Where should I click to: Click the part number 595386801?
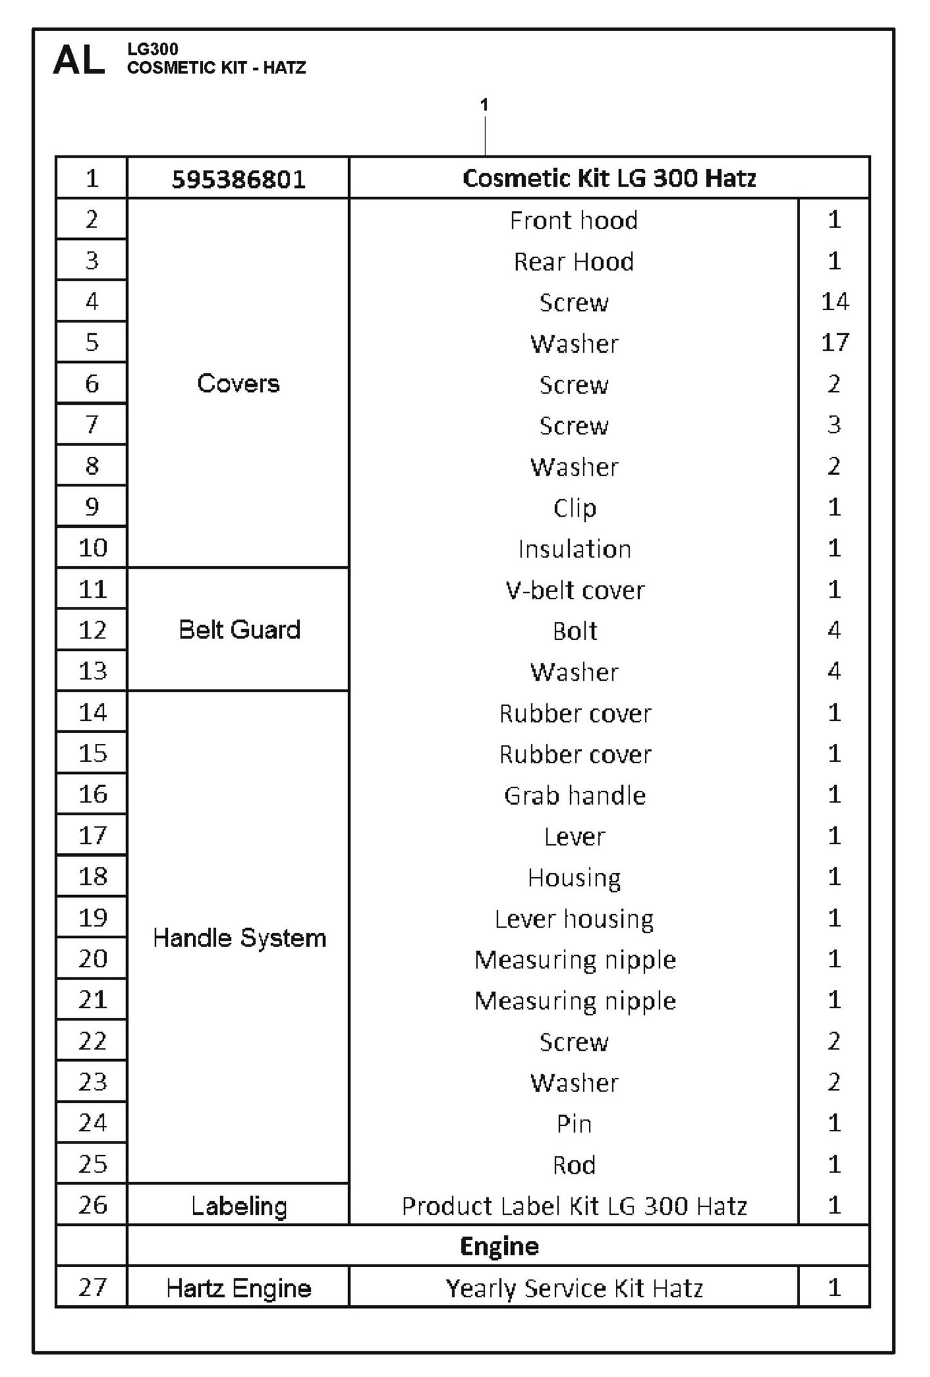(238, 179)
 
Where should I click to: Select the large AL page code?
(79, 60)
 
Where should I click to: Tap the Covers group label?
(238, 384)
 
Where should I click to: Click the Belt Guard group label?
(239, 630)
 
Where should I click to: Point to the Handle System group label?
(239, 938)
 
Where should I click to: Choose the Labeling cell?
(239, 1205)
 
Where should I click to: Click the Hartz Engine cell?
(238, 1288)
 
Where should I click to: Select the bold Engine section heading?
(499, 1246)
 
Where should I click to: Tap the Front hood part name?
(573, 221)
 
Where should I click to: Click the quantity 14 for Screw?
(834, 302)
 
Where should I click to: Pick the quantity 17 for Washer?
(834, 343)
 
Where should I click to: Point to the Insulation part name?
(574, 549)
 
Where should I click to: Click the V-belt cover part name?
(574, 590)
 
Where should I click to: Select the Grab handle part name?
(574, 796)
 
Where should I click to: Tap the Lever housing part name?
(574, 919)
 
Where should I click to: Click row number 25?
(92, 1164)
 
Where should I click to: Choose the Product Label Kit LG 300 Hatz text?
(574, 1206)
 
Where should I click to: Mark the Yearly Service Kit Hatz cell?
(574, 1288)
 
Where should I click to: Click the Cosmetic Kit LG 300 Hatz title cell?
(609, 178)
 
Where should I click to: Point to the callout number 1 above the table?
(484, 104)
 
